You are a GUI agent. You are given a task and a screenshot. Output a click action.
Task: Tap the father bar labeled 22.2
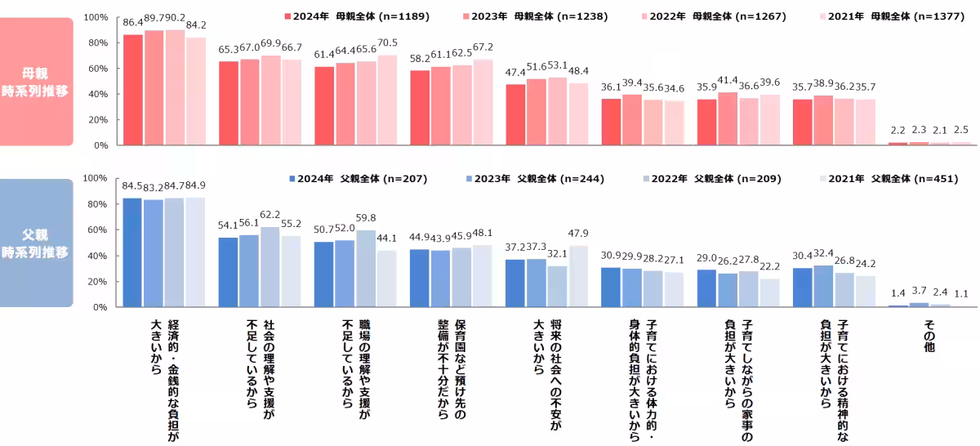[x=770, y=292]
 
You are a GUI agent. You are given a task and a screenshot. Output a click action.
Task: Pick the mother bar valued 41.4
[x=728, y=118]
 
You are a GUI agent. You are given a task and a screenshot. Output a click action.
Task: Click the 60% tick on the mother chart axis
[x=97, y=69]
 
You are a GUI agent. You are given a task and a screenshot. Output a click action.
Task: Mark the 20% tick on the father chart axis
[x=97, y=282]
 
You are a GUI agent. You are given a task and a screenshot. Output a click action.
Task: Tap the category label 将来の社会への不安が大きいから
[x=547, y=359]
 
